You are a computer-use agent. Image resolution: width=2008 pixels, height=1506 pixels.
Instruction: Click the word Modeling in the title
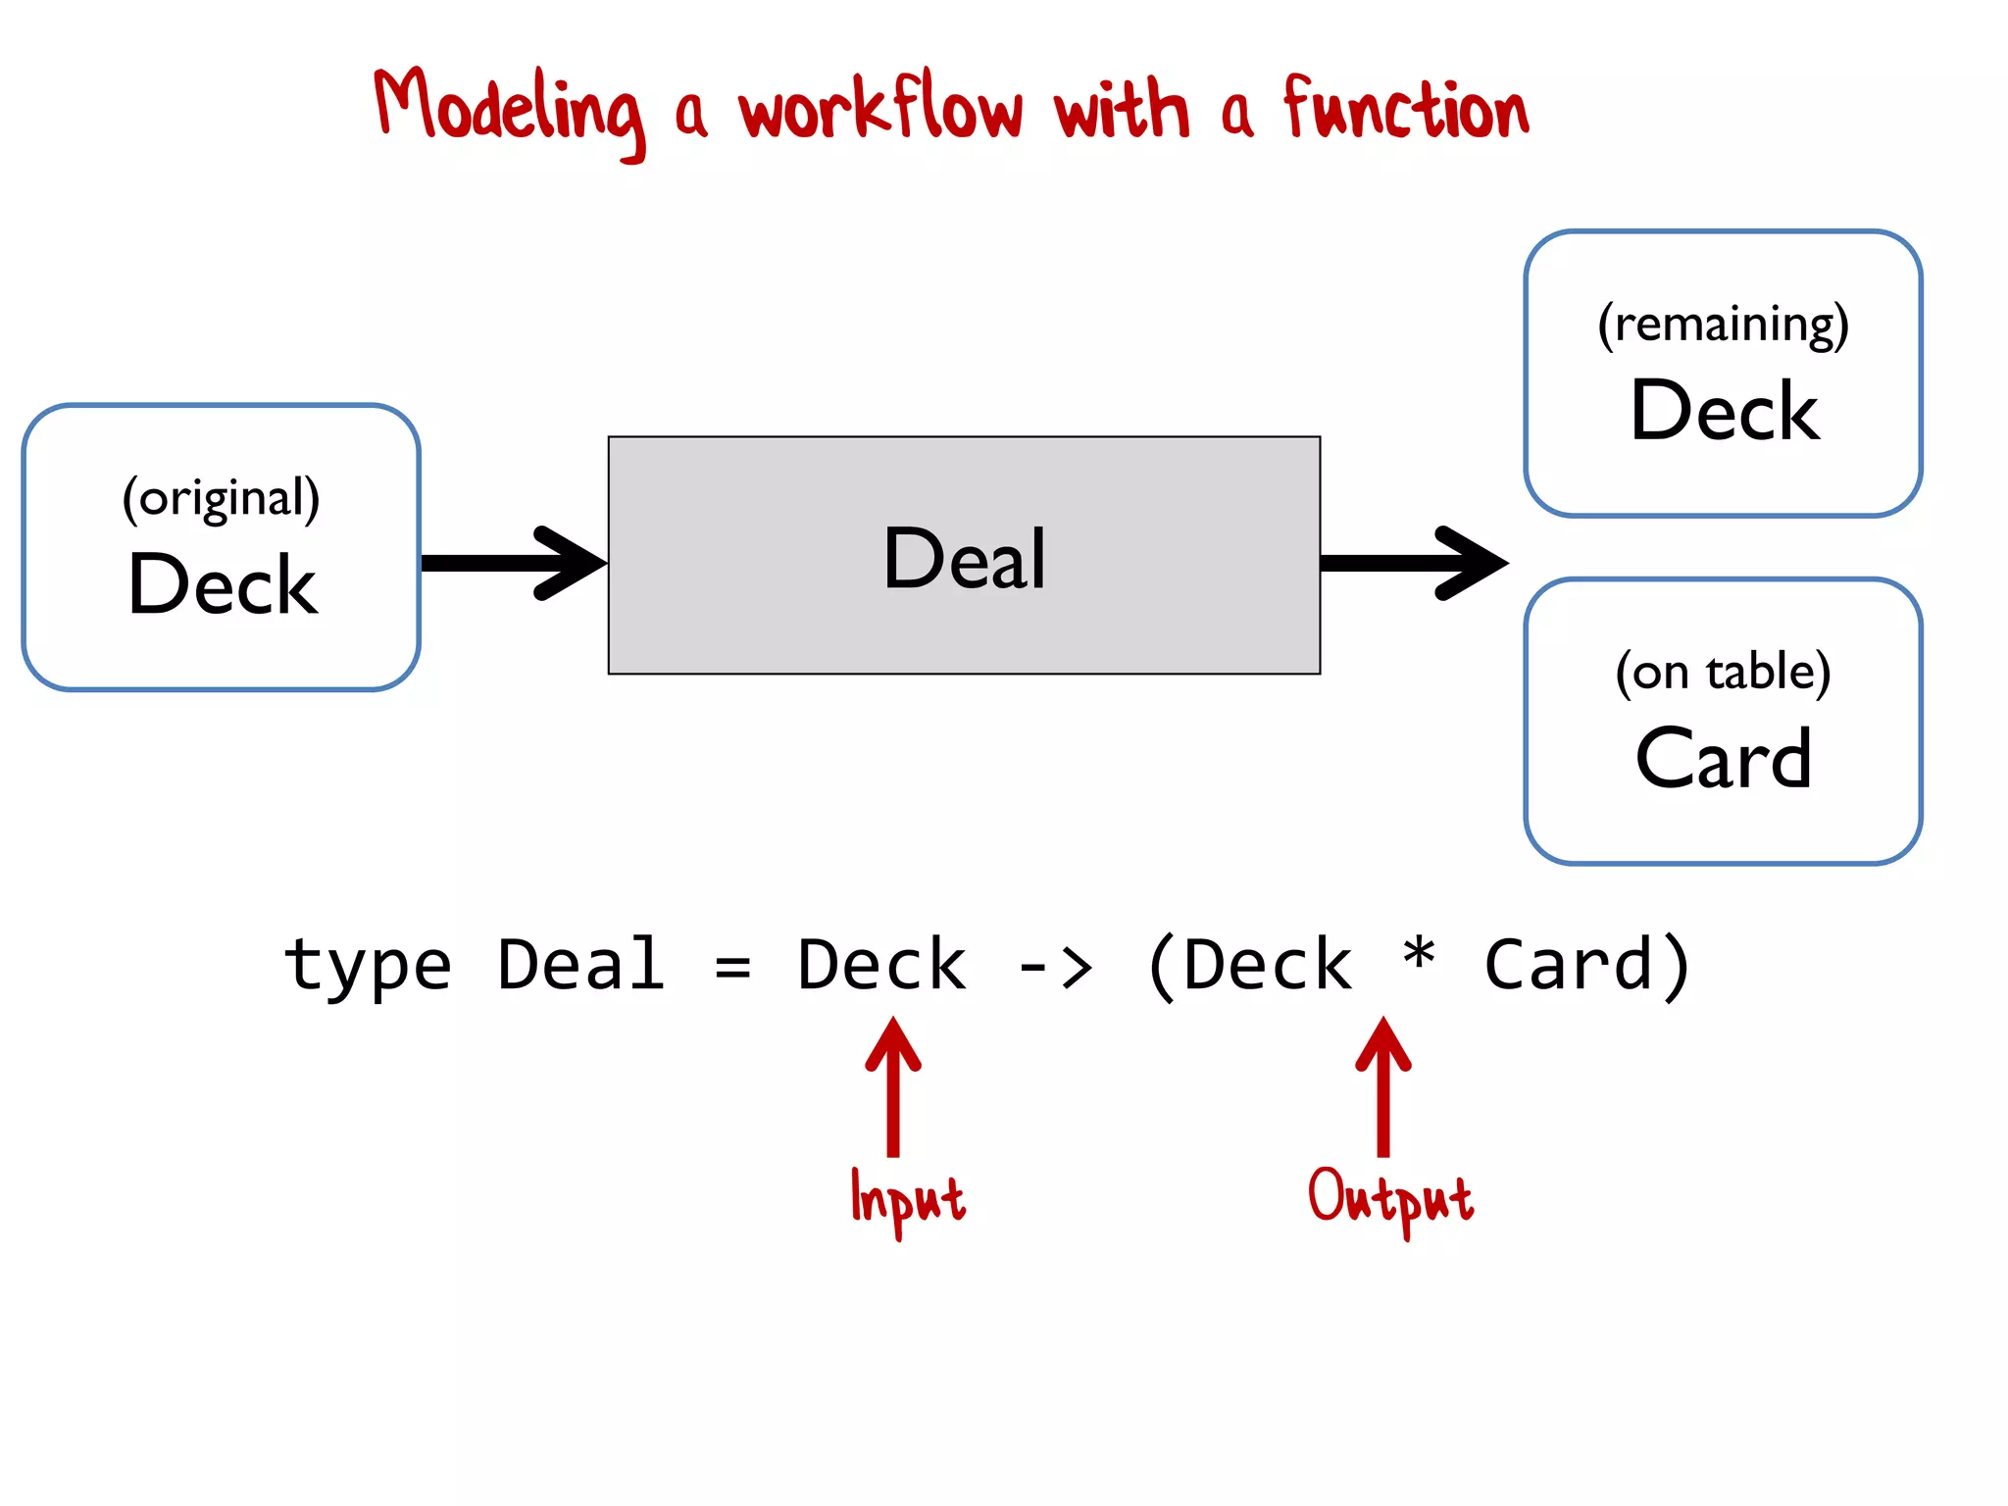point(510,110)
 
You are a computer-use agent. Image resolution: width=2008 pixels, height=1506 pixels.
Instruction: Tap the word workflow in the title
point(880,108)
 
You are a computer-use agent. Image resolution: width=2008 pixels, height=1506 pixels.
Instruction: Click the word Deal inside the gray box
point(965,558)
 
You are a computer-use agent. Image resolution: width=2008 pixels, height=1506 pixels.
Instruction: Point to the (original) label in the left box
point(221,499)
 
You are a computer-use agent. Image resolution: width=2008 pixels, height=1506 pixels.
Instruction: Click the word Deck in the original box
point(223,585)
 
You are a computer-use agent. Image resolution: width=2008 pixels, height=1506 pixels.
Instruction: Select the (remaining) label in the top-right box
point(1723,325)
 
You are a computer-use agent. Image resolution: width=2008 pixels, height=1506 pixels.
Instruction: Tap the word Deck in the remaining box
point(1724,411)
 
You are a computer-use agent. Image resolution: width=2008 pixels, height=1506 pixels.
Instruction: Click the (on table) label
point(1723,673)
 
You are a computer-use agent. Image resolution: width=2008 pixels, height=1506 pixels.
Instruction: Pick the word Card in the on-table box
point(1723,759)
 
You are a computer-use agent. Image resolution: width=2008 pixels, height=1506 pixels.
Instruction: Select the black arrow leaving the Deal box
point(1412,563)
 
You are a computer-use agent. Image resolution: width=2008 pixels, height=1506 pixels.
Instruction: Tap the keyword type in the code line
point(368,966)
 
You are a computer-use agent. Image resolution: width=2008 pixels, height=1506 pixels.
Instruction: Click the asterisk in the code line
point(1418,954)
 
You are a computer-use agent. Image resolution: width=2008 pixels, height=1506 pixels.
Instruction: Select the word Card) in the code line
point(1587,966)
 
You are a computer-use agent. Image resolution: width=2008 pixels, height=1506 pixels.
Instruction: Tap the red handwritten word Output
point(1390,1198)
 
